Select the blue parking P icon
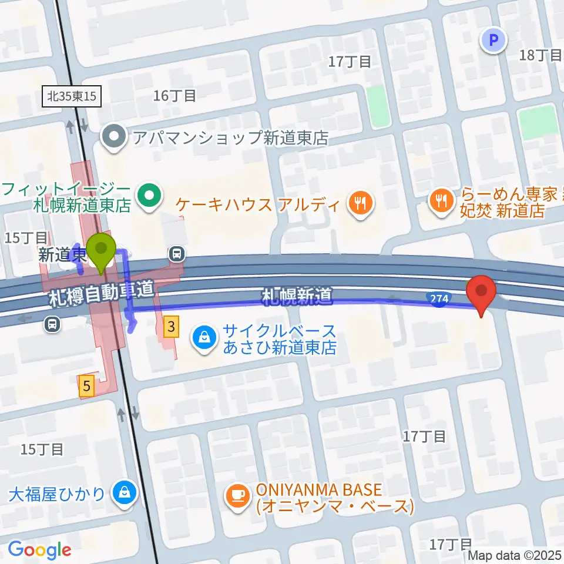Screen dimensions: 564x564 [493, 41]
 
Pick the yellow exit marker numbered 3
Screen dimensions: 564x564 [170, 327]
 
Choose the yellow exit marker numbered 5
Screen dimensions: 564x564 [87, 386]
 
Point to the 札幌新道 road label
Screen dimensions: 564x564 [297, 296]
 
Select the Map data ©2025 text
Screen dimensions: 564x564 [515, 555]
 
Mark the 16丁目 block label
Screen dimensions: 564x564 [174, 96]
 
